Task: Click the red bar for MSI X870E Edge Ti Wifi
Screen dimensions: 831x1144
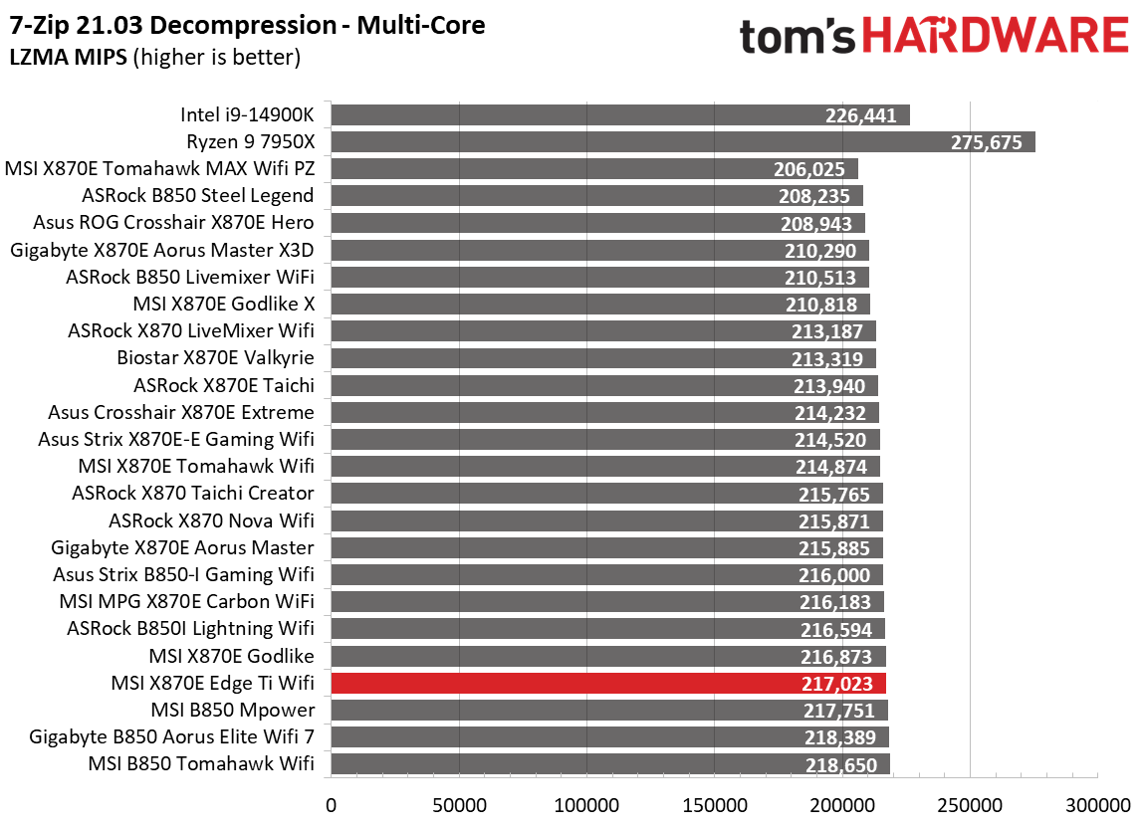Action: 607,683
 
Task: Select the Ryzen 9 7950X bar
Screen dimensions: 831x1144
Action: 682,141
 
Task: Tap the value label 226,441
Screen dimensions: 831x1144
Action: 861,115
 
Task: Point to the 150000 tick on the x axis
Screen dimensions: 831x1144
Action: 714,802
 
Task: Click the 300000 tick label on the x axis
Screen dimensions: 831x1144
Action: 1096,802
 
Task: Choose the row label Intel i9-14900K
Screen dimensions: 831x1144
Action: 247,114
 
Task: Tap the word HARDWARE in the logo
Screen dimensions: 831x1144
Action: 996,37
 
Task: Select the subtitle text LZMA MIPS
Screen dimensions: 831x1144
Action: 69,58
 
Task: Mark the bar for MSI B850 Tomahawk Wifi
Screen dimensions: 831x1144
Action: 609,763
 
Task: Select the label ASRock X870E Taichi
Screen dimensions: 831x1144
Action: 223,384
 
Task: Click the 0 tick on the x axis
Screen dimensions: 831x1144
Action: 331,802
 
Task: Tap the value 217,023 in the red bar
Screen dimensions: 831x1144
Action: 837,684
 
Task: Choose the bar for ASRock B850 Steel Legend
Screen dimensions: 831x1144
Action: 595,195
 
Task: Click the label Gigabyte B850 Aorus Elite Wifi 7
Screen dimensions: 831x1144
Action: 172,736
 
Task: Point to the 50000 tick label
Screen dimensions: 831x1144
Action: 458,802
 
